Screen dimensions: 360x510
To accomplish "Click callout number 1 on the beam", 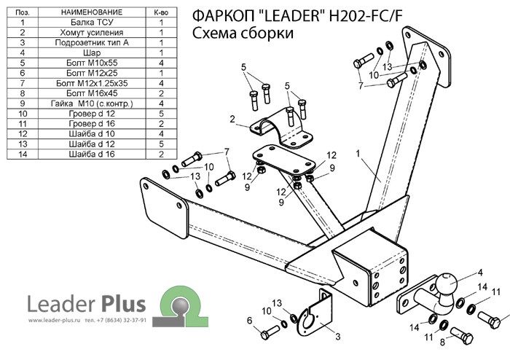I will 358,154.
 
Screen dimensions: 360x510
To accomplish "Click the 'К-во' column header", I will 161,12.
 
